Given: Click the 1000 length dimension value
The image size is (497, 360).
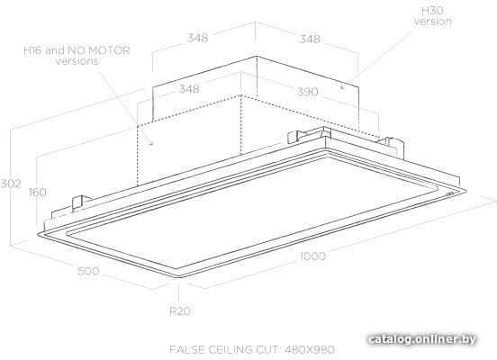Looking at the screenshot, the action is point(312,256).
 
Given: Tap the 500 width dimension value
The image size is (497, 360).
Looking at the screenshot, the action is point(88,271).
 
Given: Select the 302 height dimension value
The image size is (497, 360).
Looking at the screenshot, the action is point(11,184).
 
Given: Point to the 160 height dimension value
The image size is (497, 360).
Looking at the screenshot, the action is point(38,192).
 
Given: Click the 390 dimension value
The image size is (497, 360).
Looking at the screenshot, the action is point(307,92).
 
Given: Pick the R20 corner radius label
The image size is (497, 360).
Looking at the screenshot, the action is point(180,311).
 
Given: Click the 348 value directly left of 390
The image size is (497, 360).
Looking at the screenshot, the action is point(189,89).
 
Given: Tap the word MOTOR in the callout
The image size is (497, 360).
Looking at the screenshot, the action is point(109,50).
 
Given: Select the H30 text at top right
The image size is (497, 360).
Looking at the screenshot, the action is point(432,11).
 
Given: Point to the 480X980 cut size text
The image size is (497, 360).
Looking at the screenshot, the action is point(310,349).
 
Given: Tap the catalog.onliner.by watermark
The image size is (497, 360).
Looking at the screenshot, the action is point(422,339).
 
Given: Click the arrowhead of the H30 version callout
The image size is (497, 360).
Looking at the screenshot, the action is point(342,86).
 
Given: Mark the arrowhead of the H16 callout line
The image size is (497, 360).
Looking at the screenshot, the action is point(151,143).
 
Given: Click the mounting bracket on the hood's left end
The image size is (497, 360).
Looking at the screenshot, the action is point(79,202).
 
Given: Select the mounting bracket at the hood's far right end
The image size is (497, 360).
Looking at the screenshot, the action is point(394,147).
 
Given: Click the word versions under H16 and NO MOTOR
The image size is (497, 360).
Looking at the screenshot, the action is point(77,61).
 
